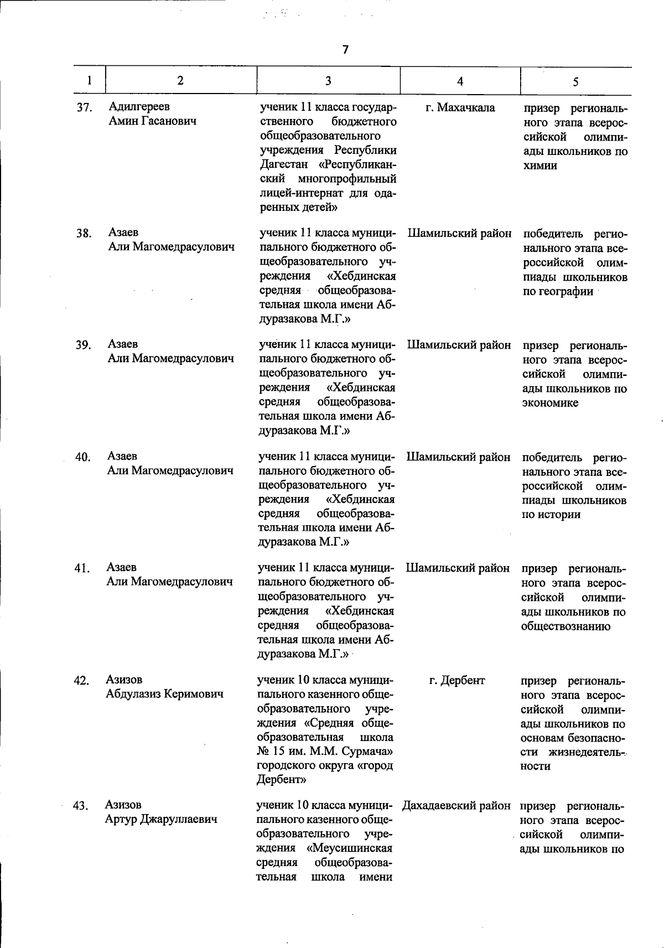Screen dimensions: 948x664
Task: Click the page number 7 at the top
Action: point(346,50)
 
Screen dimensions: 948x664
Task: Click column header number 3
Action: point(328,81)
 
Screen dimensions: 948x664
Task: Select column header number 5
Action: point(575,82)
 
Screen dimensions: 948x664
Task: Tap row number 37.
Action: point(84,107)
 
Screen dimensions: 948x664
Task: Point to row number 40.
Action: point(83,457)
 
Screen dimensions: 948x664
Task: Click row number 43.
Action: point(81,806)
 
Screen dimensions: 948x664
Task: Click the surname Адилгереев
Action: point(139,106)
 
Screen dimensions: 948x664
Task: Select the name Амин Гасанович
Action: point(152,121)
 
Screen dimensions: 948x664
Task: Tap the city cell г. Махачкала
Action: point(460,107)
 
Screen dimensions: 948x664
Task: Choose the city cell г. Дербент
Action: point(457,681)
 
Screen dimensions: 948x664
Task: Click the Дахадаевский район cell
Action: point(456,806)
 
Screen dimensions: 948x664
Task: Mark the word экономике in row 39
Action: point(550,403)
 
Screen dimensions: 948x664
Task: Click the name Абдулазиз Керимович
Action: point(164,694)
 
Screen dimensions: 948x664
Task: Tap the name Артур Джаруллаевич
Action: point(160,819)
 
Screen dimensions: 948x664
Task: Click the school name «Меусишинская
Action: point(349,848)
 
